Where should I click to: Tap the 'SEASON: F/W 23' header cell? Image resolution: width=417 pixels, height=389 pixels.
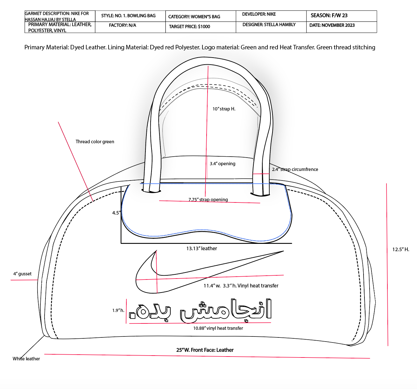pos(329,15)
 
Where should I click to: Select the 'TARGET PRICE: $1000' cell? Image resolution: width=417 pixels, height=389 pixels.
pos(189,26)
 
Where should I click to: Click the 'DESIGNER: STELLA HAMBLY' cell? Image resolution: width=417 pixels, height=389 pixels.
pos(269,25)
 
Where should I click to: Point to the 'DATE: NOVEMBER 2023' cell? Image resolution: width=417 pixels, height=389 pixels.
pos(332,25)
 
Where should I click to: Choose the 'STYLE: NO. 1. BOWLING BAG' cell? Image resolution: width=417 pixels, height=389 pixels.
pos(128,16)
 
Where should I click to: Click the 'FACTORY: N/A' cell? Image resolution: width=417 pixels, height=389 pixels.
pos(123,25)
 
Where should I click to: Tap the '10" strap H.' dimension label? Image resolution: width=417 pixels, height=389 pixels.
pos(224,109)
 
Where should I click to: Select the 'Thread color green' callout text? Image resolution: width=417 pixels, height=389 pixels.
pos(95,142)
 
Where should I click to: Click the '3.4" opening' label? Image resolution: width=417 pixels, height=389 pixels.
pos(223,164)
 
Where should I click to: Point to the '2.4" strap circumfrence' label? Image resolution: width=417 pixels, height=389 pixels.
pos(295,169)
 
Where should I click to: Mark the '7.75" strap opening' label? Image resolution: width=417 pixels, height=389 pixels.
pos(208,200)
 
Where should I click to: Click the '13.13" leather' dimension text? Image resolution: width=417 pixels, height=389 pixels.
pos(202,248)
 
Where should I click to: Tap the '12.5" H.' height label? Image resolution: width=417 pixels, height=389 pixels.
pos(400,249)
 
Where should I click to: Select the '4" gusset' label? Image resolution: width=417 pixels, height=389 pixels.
pos(22,274)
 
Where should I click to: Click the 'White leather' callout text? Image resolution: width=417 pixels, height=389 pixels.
pos(26,359)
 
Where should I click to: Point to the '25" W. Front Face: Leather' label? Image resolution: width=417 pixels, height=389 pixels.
pos(205,350)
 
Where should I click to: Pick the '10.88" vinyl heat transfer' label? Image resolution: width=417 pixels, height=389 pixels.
pos(218,328)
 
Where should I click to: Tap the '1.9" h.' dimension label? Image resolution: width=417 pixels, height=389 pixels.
pos(118,310)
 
